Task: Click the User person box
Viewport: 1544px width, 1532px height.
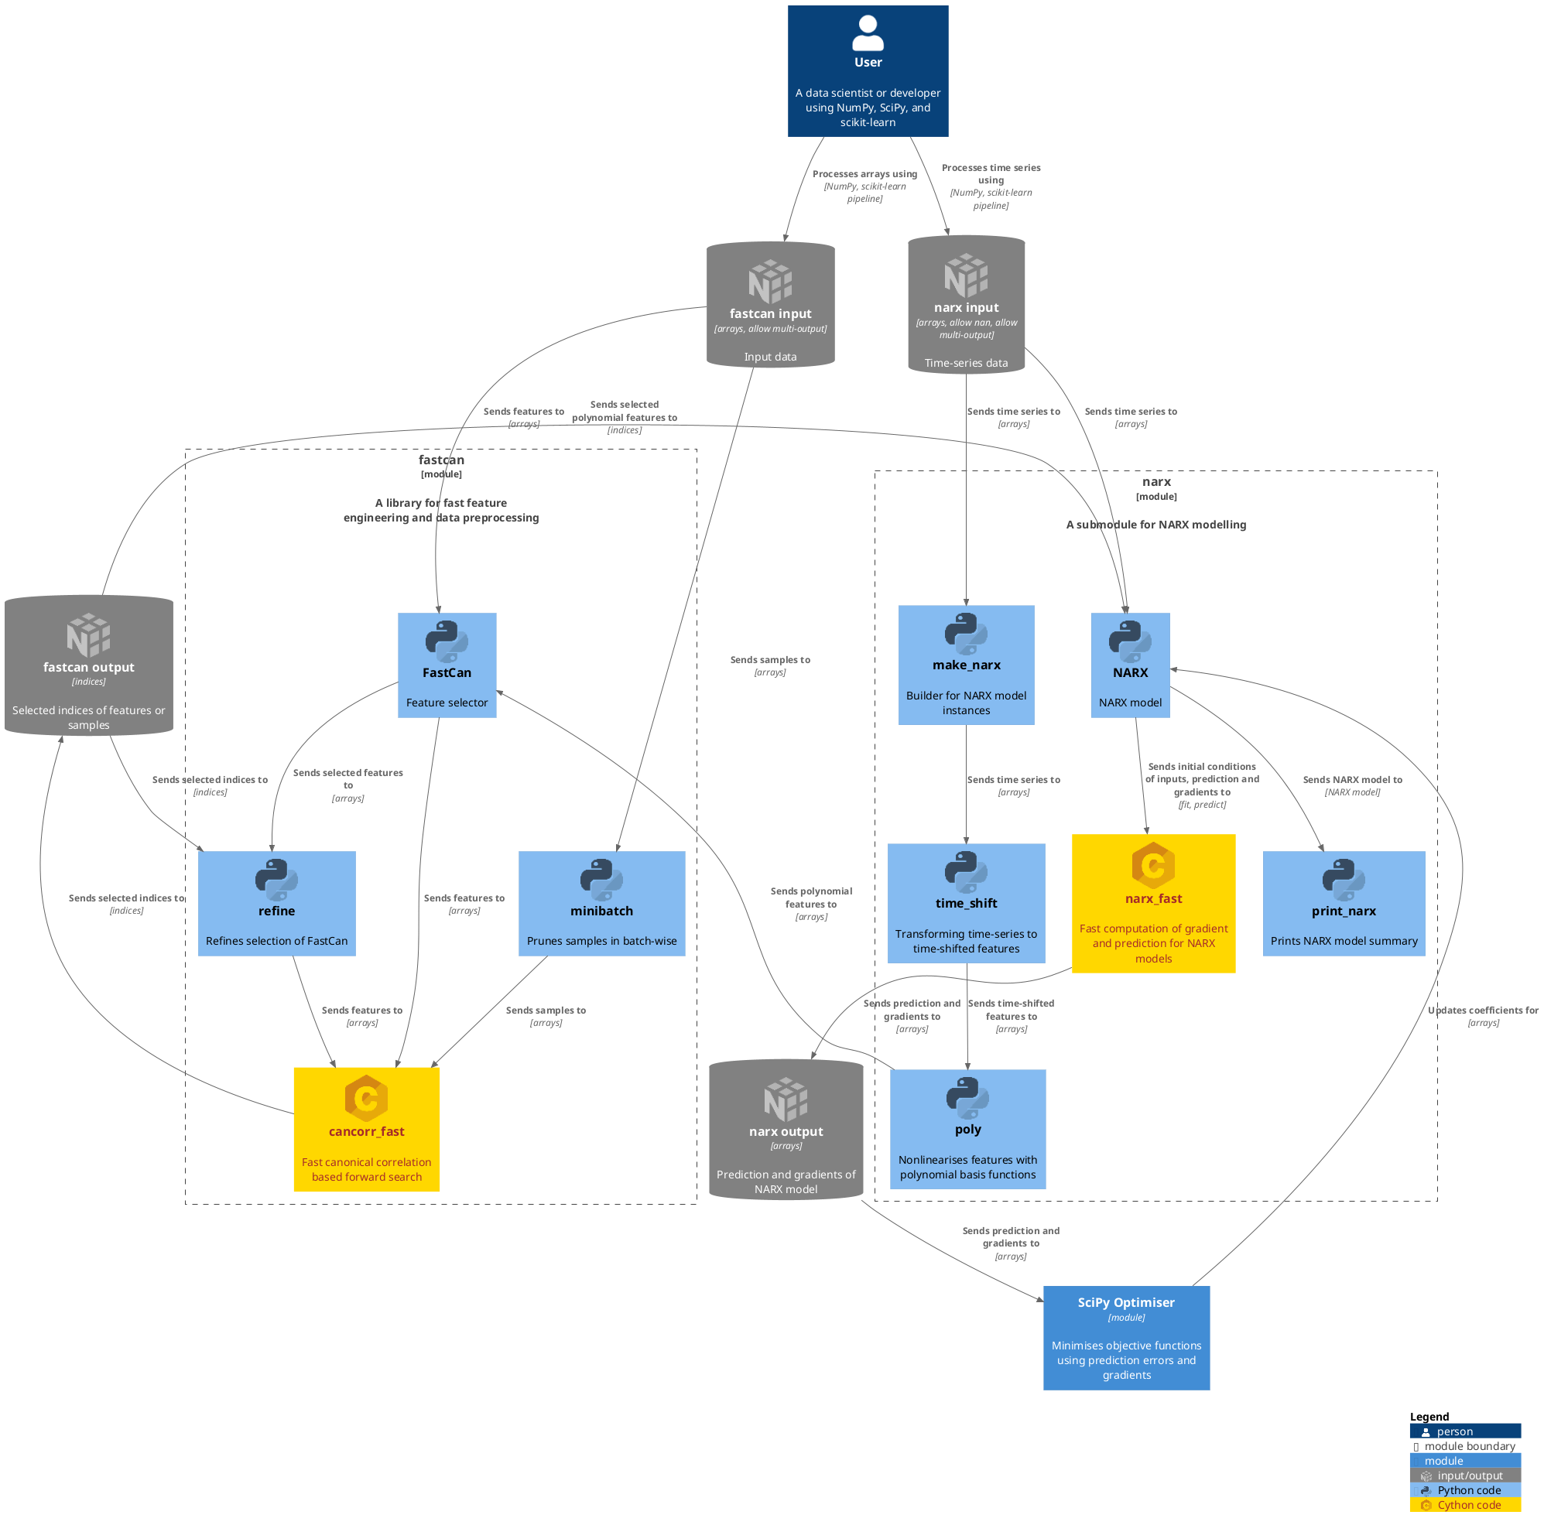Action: coord(868,71)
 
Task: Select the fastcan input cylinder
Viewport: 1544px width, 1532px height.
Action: coord(770,305)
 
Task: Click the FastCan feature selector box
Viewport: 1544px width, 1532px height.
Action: coord(447,665)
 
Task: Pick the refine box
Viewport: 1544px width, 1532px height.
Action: coord(276,903)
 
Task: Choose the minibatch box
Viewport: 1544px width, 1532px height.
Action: coord(602,903)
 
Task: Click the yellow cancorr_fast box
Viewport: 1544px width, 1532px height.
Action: coord(367,1129)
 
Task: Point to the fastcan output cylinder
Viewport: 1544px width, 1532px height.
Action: coord(89,665)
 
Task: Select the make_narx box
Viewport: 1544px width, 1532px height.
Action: coord(966,665)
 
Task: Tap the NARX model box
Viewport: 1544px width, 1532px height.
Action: coord(1130,665)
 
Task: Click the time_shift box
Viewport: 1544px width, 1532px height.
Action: coord(966,903)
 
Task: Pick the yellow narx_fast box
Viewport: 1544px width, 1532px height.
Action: coord(1153,903)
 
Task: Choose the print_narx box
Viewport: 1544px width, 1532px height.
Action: coord(1344,903)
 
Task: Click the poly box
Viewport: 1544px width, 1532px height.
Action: coord(967,1129)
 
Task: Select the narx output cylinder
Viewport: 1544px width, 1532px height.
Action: coord(786,1129)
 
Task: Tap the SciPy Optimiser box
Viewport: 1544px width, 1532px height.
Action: coord(1126,1338)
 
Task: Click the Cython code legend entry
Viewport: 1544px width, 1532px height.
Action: coord(1465,1505)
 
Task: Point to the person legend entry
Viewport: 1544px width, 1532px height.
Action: coord(1465,1431)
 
